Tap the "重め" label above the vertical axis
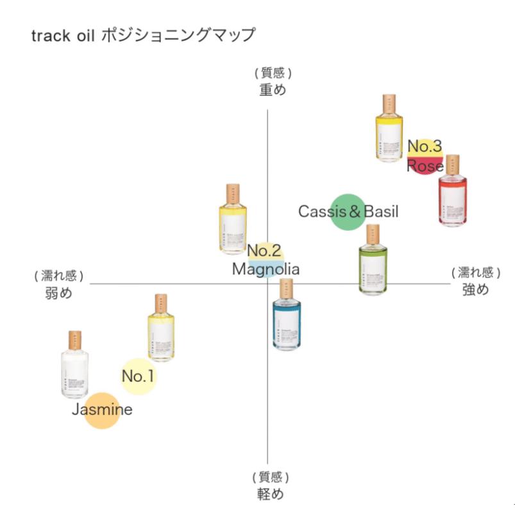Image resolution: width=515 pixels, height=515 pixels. pyautogui.click(x=272, y=90)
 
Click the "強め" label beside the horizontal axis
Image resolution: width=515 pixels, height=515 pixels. pyautogui.click(x=475, y=289)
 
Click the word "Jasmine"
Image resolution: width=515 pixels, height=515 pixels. pyautogui.click(x=102, y=409)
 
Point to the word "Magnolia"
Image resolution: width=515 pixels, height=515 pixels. pyautogui.click(x=266, y=269)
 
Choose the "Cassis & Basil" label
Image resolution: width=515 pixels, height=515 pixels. pyautogui.click(x=348, y=211)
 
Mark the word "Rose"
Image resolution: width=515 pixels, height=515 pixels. pyautogui.click(x=425, y=166)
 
